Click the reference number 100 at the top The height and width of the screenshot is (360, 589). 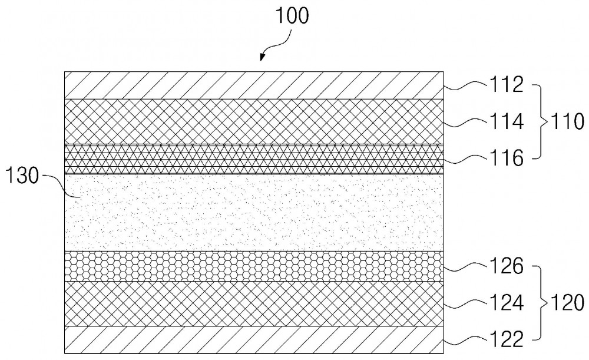tap(292, 16)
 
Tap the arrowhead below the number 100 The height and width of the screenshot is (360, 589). tap(262, 57)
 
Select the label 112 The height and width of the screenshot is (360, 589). tap(506, 85)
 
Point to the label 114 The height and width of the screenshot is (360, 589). tap(506, 121)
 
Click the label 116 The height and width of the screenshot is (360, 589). tap(506, 158)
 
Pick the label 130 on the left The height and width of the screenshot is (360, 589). tap(22, 176)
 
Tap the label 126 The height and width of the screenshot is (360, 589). tap(506, 266)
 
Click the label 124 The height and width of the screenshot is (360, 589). tap(506, 303)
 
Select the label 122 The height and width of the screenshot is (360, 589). tap(506, 339)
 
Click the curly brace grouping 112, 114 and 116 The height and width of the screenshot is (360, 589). tap(542, 121)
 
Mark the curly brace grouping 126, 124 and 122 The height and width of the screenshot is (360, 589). tap(542, 303)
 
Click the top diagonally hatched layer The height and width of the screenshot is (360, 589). tap(254, 85)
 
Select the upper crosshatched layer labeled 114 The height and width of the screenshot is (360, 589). tap(254, 122)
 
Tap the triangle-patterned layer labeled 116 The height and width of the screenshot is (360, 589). tap(254, 159)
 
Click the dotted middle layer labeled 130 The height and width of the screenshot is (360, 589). tap(254, 213)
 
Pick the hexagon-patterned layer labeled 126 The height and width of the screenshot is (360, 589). tap(254, 266)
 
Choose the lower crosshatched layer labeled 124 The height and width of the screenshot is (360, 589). tap(254, 303)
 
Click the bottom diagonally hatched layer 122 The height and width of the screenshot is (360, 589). tap(254, 340)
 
